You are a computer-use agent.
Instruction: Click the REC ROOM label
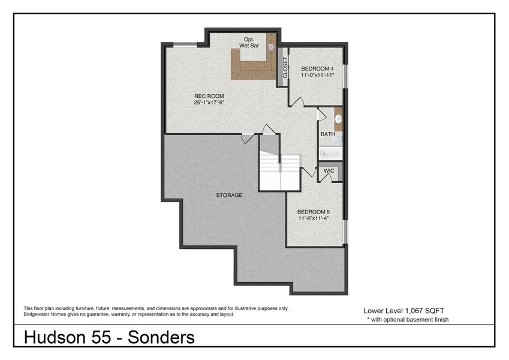click(x=209, y=96)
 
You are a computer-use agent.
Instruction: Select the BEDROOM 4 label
click(x=317, y=69)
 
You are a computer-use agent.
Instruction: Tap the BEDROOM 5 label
click(x=314, y=212)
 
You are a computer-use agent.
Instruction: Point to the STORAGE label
click(x=229, y=195)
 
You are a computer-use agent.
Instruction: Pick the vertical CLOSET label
click(x=285, y=67)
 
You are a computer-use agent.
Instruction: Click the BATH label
click(x=327, y=134)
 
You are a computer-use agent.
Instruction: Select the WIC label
click(x=329, y=171)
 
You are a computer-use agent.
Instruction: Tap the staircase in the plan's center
click(x=279, y=172)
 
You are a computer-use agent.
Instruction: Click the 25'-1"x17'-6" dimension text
click(x=209, y=103)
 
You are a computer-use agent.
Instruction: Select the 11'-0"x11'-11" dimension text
click(x=317, y=76)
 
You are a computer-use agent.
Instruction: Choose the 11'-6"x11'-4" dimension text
click(x=314, y=218)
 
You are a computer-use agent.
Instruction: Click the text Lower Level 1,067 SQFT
click(x=403, y=311)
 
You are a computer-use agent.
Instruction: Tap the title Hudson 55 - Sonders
click(x=109, y=338)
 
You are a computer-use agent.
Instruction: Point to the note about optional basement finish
click(x=408, y=320)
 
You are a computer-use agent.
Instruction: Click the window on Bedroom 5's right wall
click(x=345, y=227)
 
